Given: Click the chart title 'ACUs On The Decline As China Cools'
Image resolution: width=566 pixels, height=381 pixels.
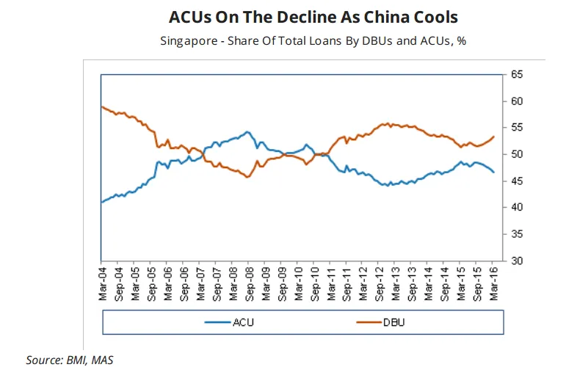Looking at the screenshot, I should (313, 17).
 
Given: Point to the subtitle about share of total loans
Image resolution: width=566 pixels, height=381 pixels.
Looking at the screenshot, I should (313, 40).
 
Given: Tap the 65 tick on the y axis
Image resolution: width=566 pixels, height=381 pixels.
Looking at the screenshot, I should (517, 75).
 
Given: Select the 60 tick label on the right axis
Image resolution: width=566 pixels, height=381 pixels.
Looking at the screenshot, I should (517, 101).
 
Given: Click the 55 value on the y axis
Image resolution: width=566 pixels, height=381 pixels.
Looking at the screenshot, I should (517, 128).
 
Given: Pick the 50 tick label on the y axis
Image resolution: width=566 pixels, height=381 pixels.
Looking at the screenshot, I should (517, 154).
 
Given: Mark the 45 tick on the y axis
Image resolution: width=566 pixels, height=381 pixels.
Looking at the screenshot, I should (517, 181).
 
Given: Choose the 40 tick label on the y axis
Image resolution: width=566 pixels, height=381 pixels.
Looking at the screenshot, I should (517, 207).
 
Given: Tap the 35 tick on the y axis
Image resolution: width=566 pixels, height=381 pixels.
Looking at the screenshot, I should (517, 234).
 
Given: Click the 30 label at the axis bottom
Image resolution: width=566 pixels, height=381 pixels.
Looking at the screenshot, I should (517, 261).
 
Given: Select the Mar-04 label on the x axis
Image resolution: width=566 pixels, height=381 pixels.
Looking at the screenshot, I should (101, 280).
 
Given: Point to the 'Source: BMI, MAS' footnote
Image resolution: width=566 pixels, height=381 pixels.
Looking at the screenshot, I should (70, 360).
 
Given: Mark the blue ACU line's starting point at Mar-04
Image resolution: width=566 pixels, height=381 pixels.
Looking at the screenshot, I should (101, 202).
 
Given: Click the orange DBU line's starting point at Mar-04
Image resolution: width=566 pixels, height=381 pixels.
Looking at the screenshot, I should (101, 107).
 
